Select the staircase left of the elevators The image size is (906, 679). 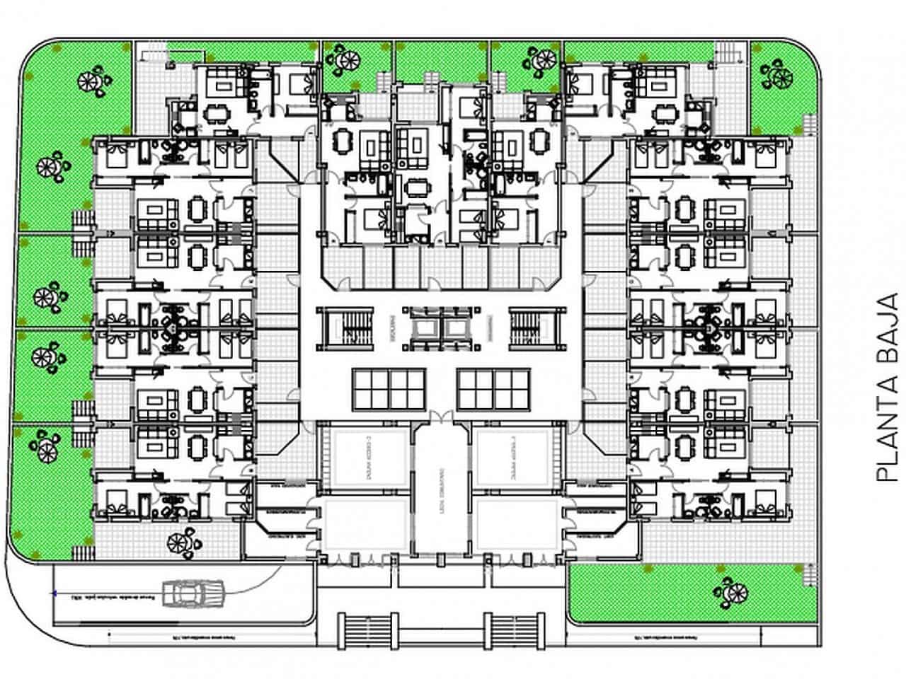click(346, 328)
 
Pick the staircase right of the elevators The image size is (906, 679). click(537, 328)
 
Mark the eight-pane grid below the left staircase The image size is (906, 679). click(389, 389)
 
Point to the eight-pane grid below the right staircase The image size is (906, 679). click(493, 389)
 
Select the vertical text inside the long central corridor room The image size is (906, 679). click(440, 488)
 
